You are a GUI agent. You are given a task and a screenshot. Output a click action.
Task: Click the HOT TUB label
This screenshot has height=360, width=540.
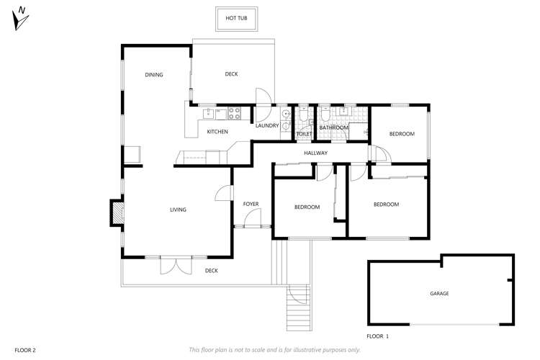(236, 17)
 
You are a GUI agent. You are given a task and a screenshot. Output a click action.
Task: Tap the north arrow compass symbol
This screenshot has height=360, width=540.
(21, 19)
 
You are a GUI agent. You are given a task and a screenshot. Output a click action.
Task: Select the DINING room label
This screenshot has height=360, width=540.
(153, 75)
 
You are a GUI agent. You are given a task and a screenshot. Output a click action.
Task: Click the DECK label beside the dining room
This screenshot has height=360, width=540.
(231, 74)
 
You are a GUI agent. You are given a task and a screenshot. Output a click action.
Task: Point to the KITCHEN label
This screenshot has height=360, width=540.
(217, 132)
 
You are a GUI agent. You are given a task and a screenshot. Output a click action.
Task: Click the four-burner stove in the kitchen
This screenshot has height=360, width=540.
(234, 112)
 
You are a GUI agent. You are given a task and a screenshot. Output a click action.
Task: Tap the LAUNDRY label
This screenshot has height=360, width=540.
(267, 126)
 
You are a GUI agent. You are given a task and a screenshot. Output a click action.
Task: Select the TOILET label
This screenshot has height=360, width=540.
(305, 134)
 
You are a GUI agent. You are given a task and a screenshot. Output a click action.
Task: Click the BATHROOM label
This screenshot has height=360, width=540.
(334, 127)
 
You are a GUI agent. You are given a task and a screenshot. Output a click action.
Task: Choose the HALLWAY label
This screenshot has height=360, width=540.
(315, 153)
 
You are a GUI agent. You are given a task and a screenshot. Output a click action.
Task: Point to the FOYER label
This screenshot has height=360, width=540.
(251, 204)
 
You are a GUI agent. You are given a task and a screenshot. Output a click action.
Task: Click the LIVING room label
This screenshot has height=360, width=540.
(178, 210)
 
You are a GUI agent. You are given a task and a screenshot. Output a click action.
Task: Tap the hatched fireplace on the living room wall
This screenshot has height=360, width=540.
(115, 212)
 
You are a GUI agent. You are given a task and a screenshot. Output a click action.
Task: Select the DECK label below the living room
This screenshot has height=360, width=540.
(211, 271)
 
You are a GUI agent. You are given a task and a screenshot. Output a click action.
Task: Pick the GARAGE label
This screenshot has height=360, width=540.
(439, 294)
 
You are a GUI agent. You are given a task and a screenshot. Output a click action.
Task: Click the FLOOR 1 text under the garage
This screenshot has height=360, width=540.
(377, 336)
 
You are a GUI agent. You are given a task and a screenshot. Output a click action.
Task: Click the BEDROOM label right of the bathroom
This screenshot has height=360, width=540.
(402, 134)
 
